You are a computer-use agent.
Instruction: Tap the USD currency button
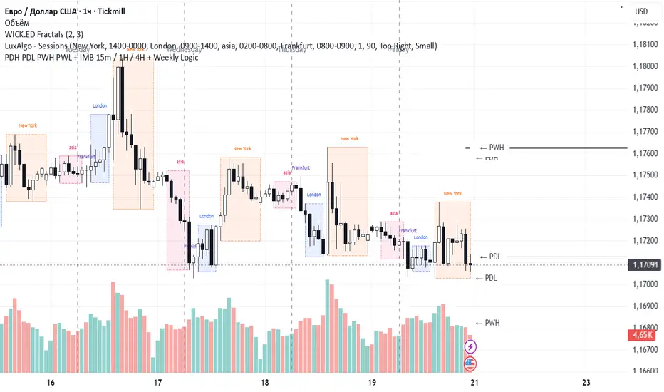pos(640,11)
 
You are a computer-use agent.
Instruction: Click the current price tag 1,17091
pos(645,264)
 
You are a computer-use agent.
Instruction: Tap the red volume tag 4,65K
pos(644,334)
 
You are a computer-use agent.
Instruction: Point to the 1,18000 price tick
pos(645,66)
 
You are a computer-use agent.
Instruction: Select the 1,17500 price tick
pos(645,175)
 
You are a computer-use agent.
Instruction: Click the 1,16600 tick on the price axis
pos(645,371)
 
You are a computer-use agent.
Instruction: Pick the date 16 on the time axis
pos(51,382)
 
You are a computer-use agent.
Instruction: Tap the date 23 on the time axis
pos(586,382)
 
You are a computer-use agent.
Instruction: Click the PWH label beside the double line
pos(496,148)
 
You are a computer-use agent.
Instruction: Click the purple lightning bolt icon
pos(470,347)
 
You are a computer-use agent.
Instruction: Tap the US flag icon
pos(470,363)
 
